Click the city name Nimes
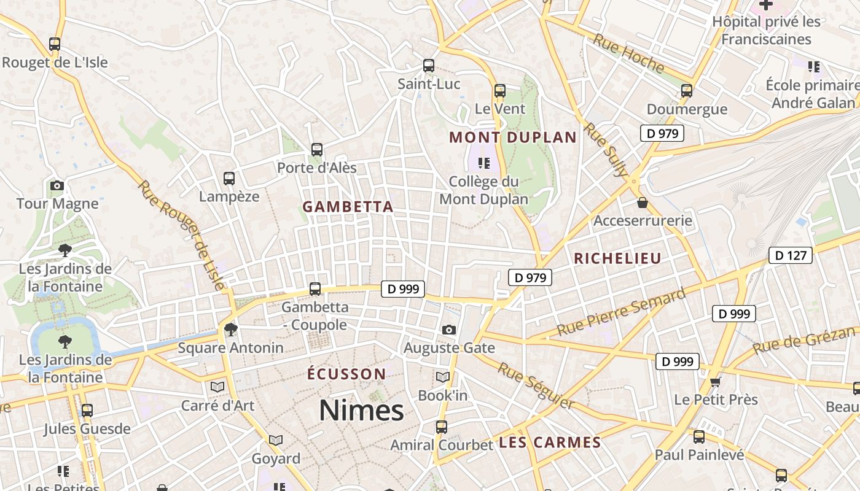[361, 411]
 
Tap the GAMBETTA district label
[348, 207]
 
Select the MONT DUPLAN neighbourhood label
[513, 137]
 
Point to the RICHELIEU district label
[617, 258]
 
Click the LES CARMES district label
[550, 443]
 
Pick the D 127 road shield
[791, 255]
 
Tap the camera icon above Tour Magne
[57, 185]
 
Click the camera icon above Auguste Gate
[449, 330]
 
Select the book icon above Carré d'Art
[217, 387]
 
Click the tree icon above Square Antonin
[230, 330]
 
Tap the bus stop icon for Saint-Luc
[429, 66]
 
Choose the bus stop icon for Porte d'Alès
[317, 149]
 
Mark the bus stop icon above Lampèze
[229, 179]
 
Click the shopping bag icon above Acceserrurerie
[643, 202]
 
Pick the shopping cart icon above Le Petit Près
[715, 382]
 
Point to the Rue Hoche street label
[628, 53]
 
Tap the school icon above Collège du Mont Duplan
[484, 163]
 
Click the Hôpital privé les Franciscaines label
[766, 31]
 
